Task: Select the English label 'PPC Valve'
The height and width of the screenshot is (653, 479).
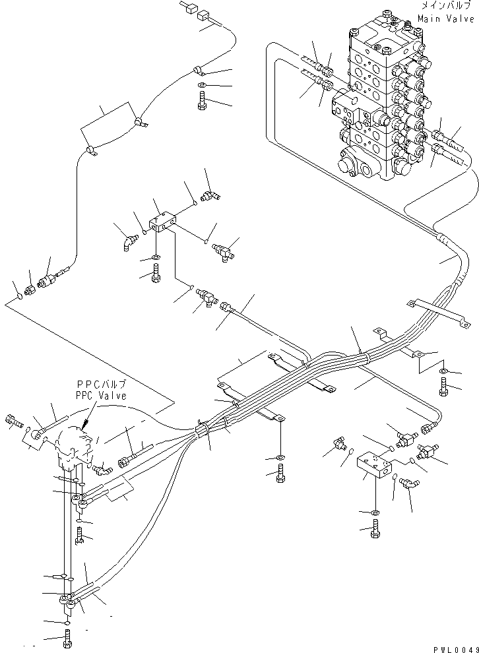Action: coord(101,395)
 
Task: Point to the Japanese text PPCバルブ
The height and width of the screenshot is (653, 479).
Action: coord(101,385)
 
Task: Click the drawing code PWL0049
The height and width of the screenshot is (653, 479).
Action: coord(455,648)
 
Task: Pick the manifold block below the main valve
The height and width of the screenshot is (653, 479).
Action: coord(374,464)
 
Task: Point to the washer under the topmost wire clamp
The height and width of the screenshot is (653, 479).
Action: coord(201,86)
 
